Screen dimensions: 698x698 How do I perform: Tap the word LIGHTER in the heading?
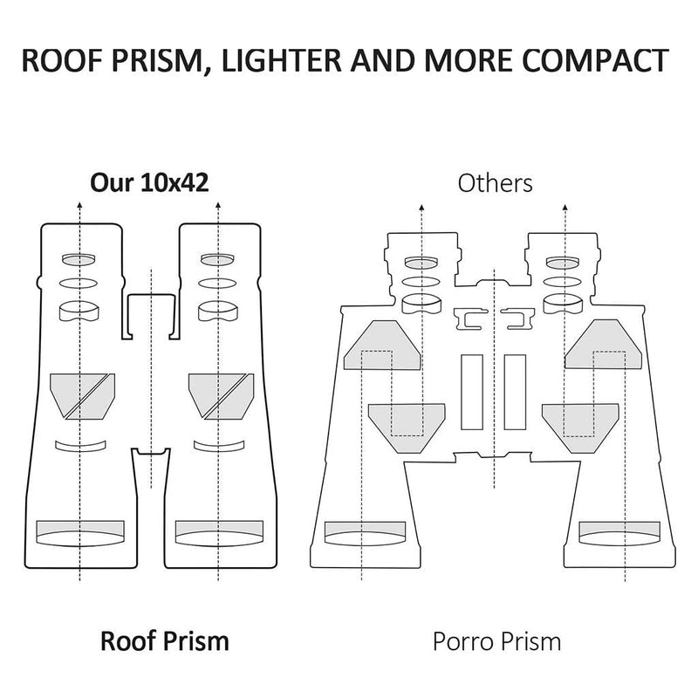282,60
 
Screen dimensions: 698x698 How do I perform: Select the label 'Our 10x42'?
149,182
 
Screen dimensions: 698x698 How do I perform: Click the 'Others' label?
495,183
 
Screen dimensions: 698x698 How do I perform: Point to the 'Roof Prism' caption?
165,641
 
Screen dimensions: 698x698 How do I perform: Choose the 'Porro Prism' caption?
496,642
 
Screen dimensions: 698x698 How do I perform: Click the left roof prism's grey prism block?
82,396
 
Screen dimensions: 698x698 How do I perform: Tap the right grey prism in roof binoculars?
222,396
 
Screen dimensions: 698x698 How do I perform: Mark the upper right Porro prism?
603,344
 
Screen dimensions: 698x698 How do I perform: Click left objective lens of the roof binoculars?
80,533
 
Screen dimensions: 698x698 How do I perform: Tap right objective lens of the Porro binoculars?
619,533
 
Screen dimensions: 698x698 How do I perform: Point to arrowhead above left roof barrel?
79,205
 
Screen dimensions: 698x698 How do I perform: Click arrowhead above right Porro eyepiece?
565,208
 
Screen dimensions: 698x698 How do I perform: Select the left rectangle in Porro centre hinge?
472,392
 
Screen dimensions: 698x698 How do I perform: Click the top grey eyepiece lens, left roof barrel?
79,259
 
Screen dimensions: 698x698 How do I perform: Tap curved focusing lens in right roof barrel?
219,446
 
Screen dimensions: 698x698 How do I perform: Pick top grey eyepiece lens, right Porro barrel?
563,263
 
